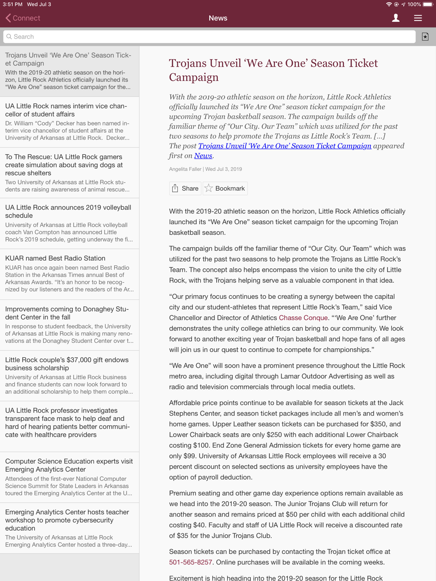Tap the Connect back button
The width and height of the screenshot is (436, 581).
point(23,18)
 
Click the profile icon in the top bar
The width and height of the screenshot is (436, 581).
point(395,18)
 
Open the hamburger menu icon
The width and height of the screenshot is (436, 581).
point(418,18)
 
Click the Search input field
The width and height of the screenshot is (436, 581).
point(209,37)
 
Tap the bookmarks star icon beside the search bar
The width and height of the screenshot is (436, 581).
point(425,37)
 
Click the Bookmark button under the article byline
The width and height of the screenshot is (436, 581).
point(225,188)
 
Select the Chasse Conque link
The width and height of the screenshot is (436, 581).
point(303,318)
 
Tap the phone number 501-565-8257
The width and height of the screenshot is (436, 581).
point(191,562)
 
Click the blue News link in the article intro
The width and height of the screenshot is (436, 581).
point(203,155)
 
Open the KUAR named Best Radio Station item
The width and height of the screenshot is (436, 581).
point(55,258)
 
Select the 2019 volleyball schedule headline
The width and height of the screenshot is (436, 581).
point(68,211)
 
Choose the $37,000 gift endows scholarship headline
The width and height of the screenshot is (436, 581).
point(67,364)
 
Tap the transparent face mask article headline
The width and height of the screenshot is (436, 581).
point(68,422)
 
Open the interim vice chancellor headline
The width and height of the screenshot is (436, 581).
point(66,110)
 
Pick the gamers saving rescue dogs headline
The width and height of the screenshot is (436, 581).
point(64,165)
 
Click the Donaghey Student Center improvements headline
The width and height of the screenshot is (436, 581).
point(67,313)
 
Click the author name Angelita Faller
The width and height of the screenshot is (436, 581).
point(185,169)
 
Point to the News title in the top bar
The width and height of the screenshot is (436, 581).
point(218,18)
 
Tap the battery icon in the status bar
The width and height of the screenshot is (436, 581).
point(427,4)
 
